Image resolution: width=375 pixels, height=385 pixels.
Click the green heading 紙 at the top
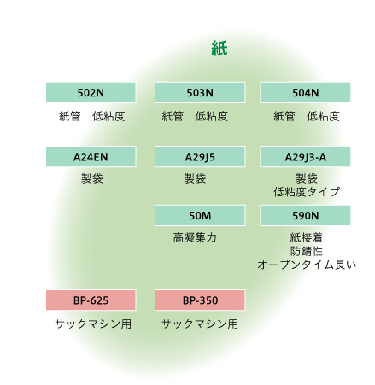coord(220,49)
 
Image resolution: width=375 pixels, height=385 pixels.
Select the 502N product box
coord(91,93)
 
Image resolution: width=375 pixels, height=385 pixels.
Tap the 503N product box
coord(200,93)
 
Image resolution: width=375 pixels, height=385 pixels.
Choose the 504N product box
coord(305,93)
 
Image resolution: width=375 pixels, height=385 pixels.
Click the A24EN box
coord(91,157)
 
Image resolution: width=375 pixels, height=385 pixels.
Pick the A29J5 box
coord(200,157)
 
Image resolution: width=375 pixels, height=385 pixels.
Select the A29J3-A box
coord(305,157)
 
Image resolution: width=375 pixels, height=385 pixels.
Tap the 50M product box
coord(200,216)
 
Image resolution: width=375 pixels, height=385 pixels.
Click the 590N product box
coord(305,216)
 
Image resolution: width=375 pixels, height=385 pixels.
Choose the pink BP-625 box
coord(91,300)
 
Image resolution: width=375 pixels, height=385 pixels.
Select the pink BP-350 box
coord(200,300)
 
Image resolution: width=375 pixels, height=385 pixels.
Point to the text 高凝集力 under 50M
coord(195,237)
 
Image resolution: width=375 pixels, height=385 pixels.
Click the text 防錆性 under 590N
coord(307,251)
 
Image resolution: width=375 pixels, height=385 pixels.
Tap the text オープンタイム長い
coord(307,265)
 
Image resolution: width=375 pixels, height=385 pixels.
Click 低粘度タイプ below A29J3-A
coord(307,192)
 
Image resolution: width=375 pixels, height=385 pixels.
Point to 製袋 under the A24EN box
coord(92,178)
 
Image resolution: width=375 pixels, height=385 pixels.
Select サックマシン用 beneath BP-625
coord(93,324)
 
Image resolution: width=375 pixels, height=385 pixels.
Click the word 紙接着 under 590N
coord(307,237)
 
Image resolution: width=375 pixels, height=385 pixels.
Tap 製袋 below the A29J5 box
coord(195,178)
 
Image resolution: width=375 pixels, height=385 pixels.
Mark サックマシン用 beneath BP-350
coord(200,324)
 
